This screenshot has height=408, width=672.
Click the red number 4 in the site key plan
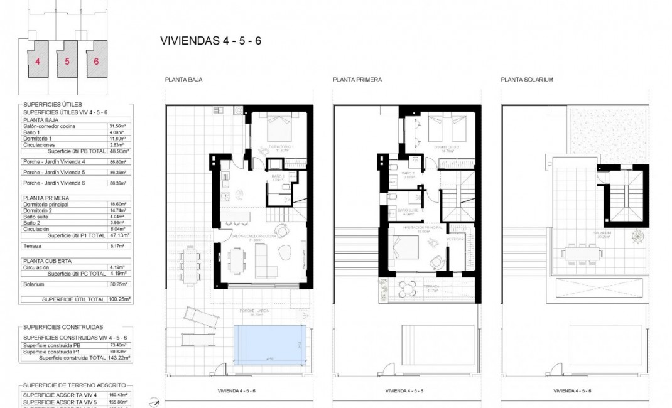[x=38, y=62]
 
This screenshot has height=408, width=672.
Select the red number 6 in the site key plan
[x=96, y=62]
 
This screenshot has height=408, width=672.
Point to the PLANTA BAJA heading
[x=183, y=80]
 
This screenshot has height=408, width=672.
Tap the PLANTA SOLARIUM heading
[x=527, y=80]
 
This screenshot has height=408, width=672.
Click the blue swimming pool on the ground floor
[x=269, y=344]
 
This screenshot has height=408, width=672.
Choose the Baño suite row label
[x=36, y=217]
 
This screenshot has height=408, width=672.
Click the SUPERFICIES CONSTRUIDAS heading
[x=63, y=327]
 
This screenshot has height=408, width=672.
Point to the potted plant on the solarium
[x=638, y=237]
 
